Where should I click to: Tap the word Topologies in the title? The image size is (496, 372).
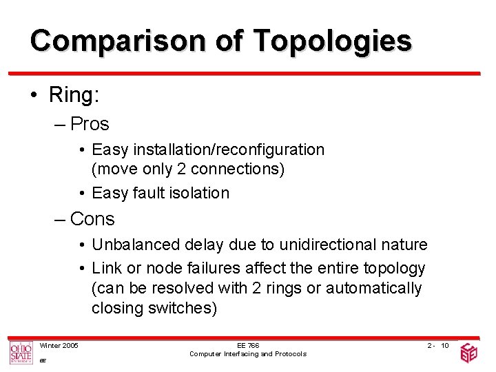click(332, 41)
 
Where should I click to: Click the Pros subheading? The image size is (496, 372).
click(90, 124)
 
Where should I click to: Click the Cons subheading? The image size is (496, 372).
click(92, 219)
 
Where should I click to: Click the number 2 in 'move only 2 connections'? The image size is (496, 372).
click(184, 169)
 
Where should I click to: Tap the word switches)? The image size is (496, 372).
click(180, 308)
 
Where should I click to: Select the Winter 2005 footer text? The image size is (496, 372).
click(59, 345)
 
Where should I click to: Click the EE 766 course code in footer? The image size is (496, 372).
click(247, 345)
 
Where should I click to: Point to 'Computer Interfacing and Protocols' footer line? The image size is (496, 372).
click(247, 354)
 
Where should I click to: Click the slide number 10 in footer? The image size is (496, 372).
click(445, 345)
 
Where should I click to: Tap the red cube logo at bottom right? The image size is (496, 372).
click(469, 353)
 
